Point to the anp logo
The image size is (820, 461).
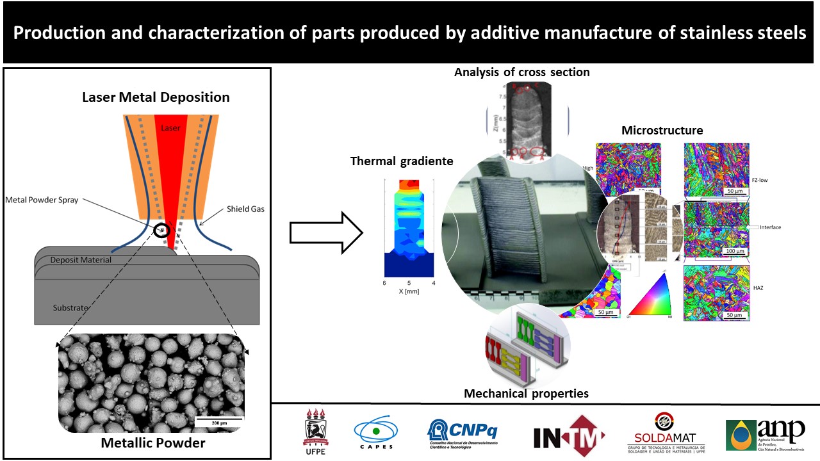(x=765, y=435)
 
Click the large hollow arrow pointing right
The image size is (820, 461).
(x=326, y=232)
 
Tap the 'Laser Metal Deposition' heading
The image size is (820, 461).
(x=156, y=98)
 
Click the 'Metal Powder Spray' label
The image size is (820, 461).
(x=42, y=200)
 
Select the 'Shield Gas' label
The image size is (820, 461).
(x=245, y=209)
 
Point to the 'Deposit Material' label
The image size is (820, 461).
(x=81, y=260)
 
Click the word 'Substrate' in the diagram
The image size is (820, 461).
(x=70, y=308)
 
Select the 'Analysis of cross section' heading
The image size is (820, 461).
(x=521, y=72)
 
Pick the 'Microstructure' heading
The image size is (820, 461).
(x=662, y=131)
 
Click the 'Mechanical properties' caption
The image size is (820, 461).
(x=526, y=393)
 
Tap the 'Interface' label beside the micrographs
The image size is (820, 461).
(x=769, y=227)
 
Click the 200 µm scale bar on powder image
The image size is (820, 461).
(x=218, y=421)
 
